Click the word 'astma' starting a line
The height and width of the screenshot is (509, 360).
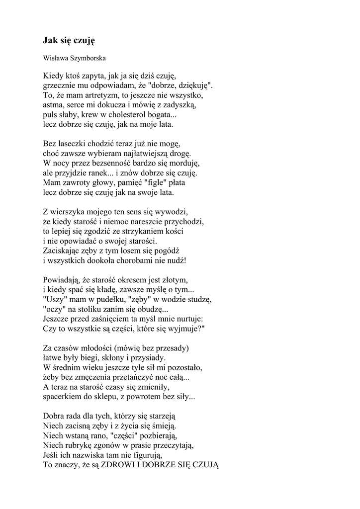point(53,105)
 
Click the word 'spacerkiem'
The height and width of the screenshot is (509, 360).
point(62,397)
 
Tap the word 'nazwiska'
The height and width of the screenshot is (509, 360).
point(97,454)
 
